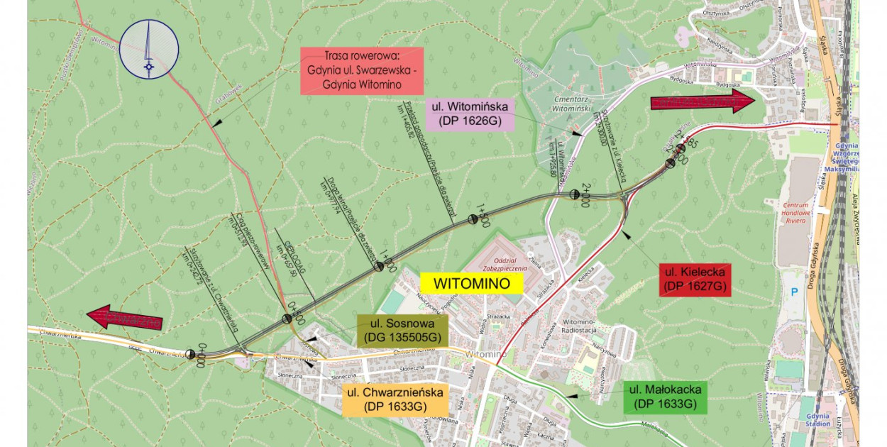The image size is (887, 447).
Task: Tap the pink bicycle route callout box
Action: [x=362, y=70]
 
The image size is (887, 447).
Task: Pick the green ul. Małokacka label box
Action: [x=664, y=397]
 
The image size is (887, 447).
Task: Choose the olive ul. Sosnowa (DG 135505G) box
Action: [x=404, y=330]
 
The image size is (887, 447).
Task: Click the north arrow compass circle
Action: [x=148, y=48]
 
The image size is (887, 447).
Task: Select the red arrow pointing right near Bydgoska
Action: [x=703, y=101]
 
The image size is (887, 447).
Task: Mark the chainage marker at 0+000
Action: [x=190, y=354]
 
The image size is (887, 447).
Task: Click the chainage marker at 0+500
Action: [x=287, y=319]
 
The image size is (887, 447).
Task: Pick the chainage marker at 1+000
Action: [x=380, y=267]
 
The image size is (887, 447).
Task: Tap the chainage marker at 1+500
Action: [x=473, y=220]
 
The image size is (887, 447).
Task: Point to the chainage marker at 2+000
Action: [x=574, y=194]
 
